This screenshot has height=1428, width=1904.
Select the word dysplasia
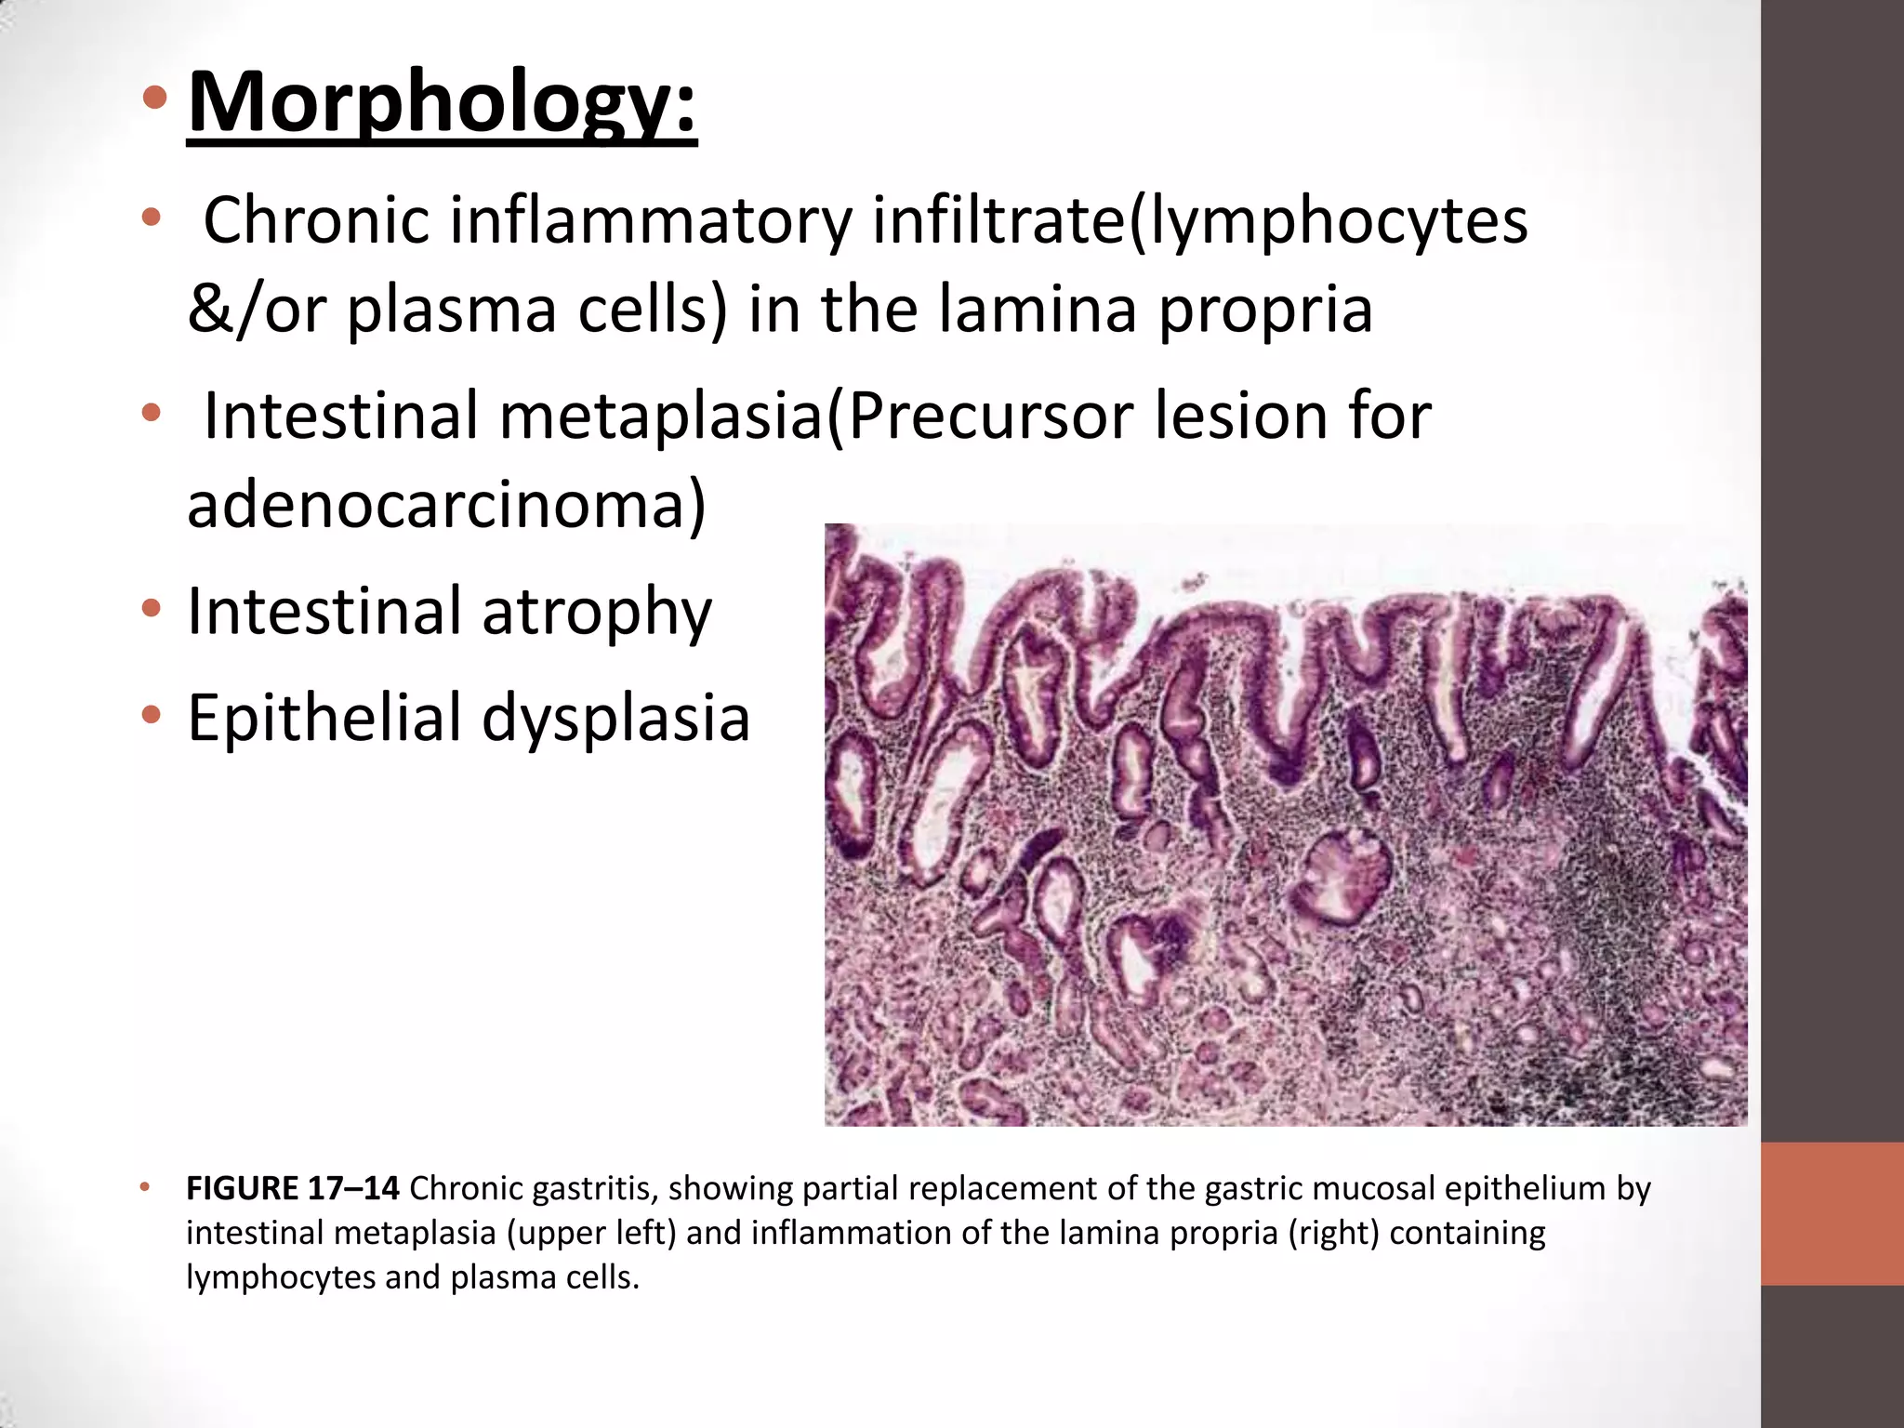point(615,718)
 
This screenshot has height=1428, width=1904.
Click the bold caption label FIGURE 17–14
point(293,1188)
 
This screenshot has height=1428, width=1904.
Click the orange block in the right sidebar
point(1831,1213)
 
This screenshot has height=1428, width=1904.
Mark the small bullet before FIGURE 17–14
point(144,1187)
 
